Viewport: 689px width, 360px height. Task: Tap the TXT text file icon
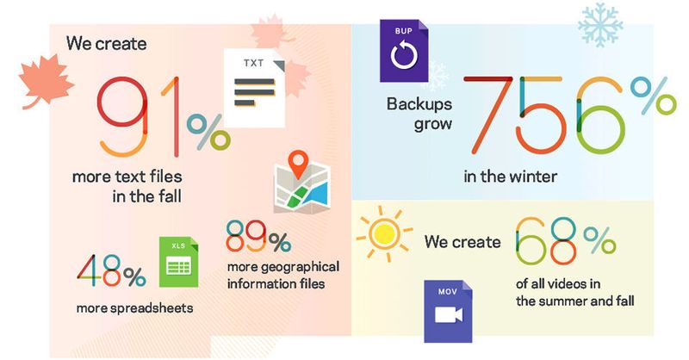(x=254, y=88)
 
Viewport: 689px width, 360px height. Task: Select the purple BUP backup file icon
(x=404, y=51)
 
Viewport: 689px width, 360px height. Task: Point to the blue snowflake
(x=600, y=25)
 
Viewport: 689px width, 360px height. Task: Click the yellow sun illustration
(x=383, y=233)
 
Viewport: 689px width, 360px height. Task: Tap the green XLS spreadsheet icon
(x=178, y=262)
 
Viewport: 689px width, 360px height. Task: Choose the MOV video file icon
(x=448, y=311)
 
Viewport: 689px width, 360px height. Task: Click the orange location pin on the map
(x=299, y=163)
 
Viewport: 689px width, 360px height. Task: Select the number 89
(x=246, y=236)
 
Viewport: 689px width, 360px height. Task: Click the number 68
(x=545, y=241)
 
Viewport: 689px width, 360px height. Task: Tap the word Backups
(x=419, y=103)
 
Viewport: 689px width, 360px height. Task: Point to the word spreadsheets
(x=152, y=308)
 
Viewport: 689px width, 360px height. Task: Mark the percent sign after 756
(x=654, y=96)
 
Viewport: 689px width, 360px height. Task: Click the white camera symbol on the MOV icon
(x=448, y=314)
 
